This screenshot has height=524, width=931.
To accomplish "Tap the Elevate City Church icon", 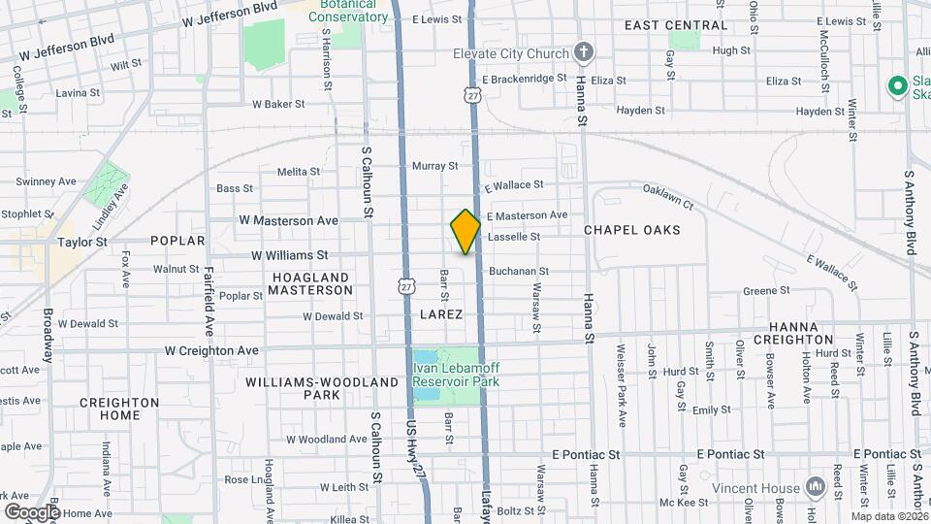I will [583, 50].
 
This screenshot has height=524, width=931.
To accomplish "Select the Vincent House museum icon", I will [815, 486].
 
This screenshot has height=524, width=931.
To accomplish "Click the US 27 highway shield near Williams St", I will [406, 283].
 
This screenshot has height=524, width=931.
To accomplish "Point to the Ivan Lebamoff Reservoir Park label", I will [455, 375].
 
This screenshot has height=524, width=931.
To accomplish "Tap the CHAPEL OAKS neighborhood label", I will [632, 230].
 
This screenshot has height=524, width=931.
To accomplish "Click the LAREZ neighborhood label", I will [441, 314].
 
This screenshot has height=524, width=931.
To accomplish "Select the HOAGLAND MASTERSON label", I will [310, 283].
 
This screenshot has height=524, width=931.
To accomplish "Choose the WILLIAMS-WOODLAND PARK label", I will [321, 388].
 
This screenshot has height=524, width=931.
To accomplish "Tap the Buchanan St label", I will [519, 272].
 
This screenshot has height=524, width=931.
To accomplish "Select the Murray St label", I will [434, 166].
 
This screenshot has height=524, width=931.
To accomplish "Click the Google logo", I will [32, 510].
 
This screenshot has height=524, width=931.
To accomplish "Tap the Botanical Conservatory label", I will [341, 11].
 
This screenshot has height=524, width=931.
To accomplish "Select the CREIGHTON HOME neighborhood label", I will [119, 409].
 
